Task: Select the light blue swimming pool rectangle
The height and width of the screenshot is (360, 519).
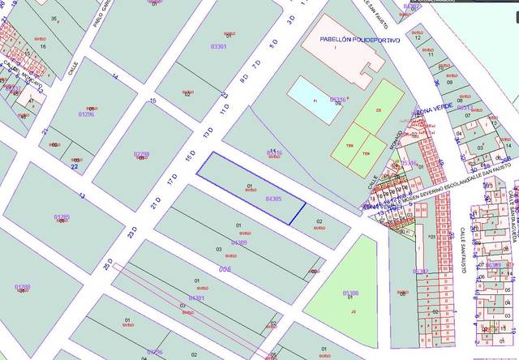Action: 316,100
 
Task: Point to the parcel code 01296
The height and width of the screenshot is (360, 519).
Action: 86,114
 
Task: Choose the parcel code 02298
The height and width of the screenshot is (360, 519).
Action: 141,153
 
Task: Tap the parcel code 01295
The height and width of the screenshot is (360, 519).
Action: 62,217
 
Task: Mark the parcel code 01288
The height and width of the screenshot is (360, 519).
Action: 23,286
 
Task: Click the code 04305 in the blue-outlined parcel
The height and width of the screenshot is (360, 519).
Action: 273,198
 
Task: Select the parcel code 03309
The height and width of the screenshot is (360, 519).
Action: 238,242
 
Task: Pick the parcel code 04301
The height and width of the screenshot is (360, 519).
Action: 196,298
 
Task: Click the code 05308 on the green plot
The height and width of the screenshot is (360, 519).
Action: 350,294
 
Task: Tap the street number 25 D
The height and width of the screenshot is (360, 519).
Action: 107,264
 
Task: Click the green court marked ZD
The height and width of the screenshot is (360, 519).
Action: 378,109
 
